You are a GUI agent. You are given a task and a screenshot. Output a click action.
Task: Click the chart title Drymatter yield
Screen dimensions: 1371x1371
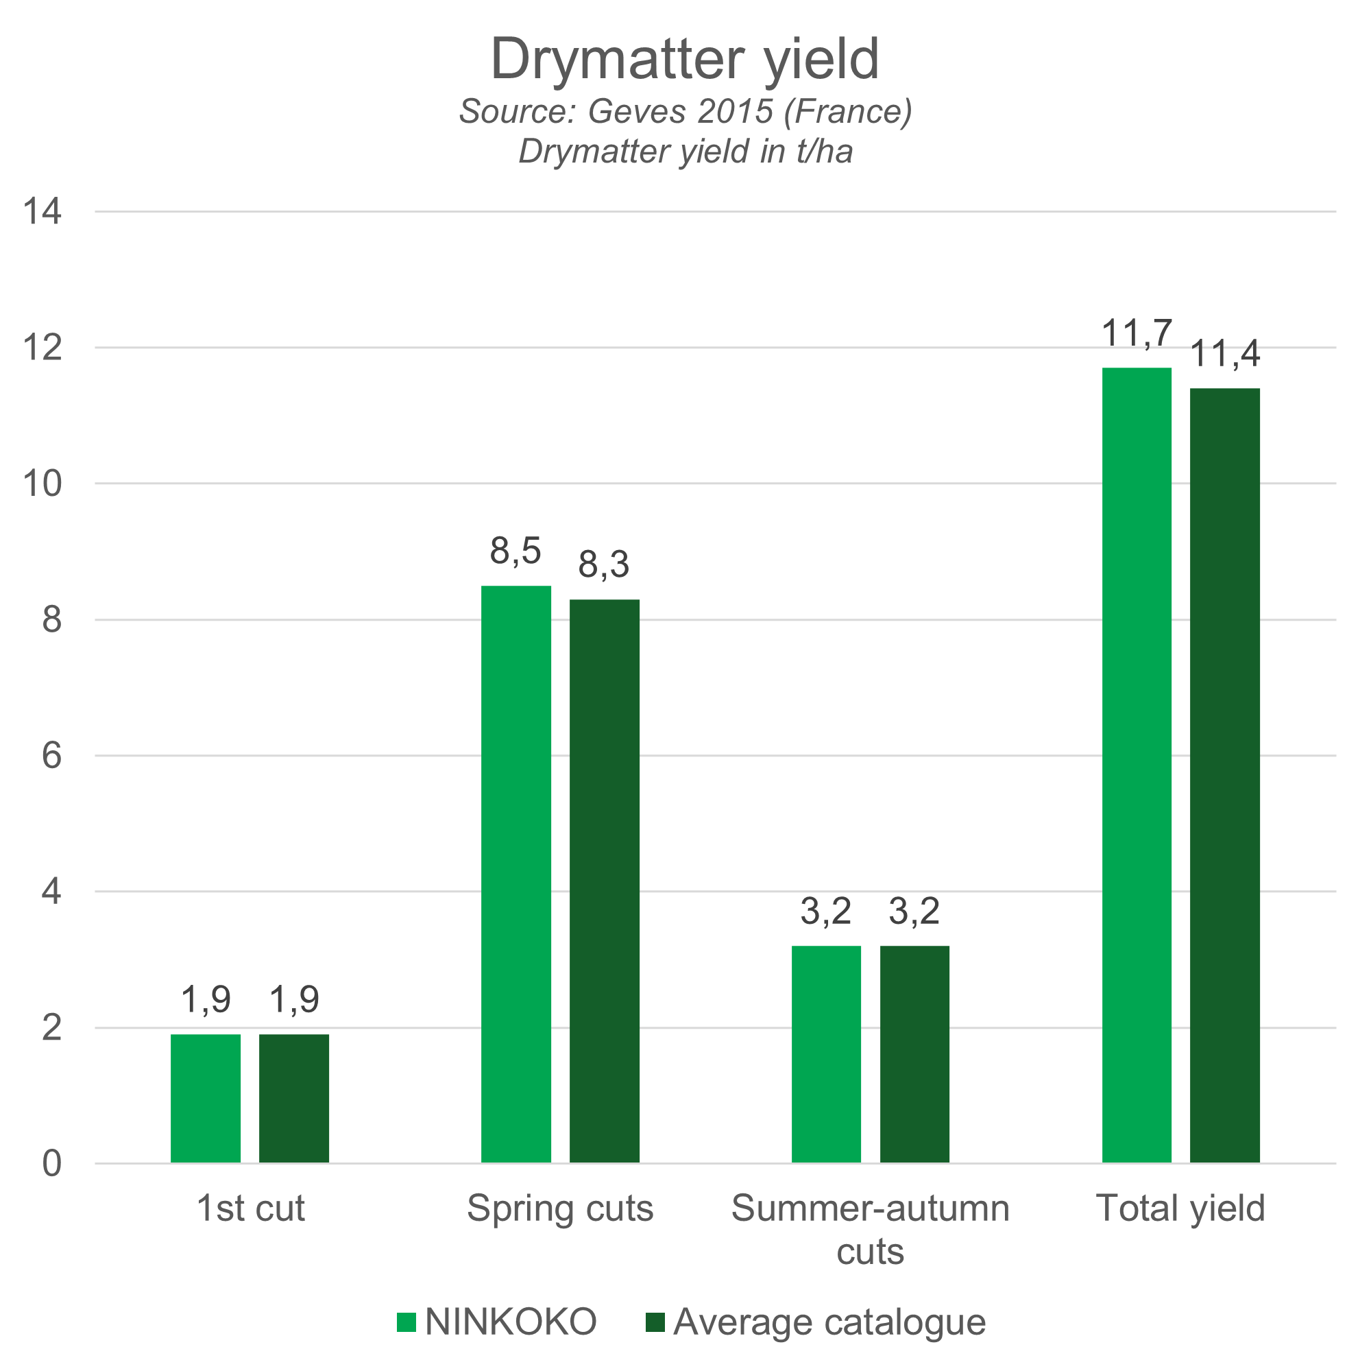coord(685,59)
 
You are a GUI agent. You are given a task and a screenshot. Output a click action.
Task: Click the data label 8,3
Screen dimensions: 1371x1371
coord(604,564)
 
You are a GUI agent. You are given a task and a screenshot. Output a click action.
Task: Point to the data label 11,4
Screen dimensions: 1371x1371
coord(1226,355)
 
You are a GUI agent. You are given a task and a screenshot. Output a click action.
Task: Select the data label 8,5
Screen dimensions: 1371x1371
coord(516,551)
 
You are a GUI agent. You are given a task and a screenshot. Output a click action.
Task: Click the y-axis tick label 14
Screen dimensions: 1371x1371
coord(43,211)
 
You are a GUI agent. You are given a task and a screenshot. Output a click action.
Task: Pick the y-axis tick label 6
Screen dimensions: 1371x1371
coord(51,755)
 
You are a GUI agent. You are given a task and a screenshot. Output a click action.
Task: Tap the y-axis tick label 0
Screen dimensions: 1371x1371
coord(51,1164)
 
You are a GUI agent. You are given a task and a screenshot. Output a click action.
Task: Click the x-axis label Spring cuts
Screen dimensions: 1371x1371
coord(560,1208)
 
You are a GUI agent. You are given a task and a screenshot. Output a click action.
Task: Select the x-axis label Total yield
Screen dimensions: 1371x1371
coord(1180,1208)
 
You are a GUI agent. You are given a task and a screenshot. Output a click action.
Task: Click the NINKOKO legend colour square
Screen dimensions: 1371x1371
coord(406,1322)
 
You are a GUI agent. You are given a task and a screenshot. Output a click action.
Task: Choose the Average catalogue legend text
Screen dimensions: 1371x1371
coord(829,1322)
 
